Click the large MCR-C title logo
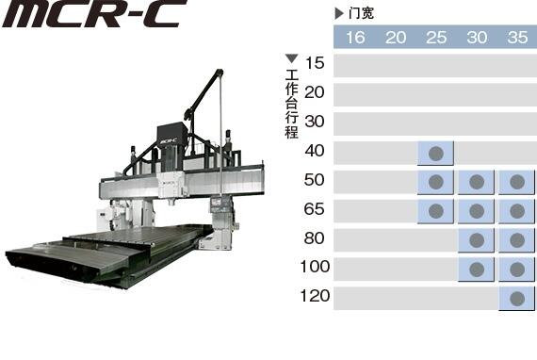(x=94, y=13)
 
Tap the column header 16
(x=355, y=38)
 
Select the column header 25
(x=436, y=38)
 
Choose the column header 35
(x=517, y=38)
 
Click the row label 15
(x=315, y=63)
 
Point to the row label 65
(x=314, y=209)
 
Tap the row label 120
(x=315, y=296)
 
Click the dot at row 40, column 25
(x=436, y=154)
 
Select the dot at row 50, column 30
(x=477, y=182)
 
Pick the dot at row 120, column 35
(x=517, y=299)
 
